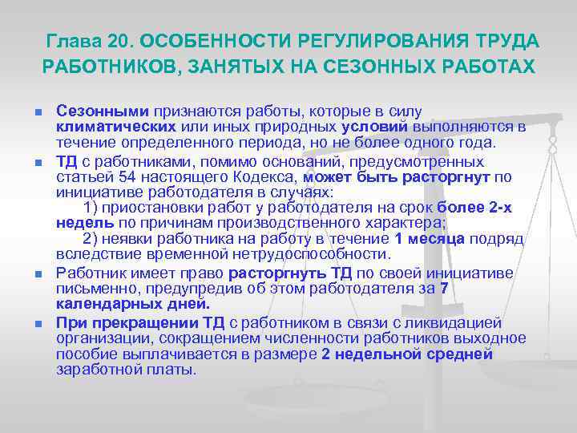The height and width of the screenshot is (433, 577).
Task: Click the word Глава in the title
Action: coord(71,40)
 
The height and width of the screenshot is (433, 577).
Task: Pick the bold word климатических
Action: coord(116,126)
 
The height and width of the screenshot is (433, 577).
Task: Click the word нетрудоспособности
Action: coord(322,255)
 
